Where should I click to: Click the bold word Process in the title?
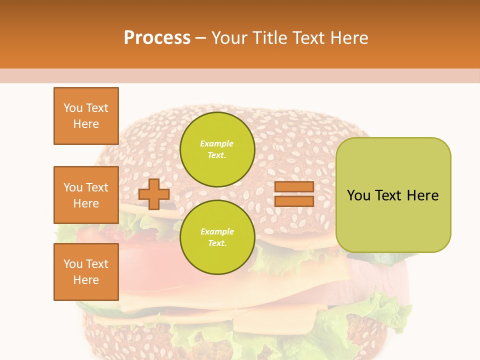[157, 37]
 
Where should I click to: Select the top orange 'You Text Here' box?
[86, 116]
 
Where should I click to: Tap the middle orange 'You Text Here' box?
[86, 195]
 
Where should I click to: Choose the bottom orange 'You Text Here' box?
[86, 272]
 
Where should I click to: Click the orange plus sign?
[154, 194]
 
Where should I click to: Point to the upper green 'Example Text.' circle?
[217, 149]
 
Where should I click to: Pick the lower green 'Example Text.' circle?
[217, 237]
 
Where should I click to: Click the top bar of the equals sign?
[294, 186]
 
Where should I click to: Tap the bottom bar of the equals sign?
[294, 201]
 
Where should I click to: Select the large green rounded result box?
[393, 195]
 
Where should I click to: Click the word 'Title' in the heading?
[271, 37]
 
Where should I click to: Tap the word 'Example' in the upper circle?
[217, 143]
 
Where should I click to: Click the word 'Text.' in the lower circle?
[217, 243]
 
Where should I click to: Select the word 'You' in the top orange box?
[73, 108]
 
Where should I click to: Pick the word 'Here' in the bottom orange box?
[86, 280]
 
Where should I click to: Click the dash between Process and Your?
[201, 38]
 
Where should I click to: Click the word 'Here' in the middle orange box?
[86, 203]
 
